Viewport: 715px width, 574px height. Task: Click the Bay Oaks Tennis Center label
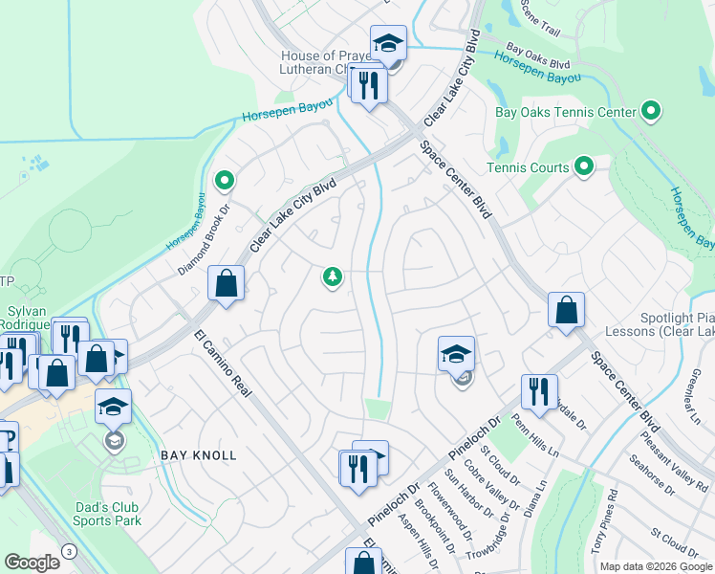coord(565,112)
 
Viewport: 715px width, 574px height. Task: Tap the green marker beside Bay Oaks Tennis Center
coord(651,111)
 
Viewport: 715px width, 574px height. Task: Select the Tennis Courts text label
coord(528,167)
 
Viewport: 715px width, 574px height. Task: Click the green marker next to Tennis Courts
coord(584,167)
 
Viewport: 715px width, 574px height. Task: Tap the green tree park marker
coord(332,277)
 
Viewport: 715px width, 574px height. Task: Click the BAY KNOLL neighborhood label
coord(198,455)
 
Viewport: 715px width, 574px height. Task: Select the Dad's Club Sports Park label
coord(107,514)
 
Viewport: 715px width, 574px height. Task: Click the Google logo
coord(32,563)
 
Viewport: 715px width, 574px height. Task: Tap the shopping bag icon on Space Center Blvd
coord(566,310)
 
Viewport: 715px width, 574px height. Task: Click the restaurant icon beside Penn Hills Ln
coord(539,392)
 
